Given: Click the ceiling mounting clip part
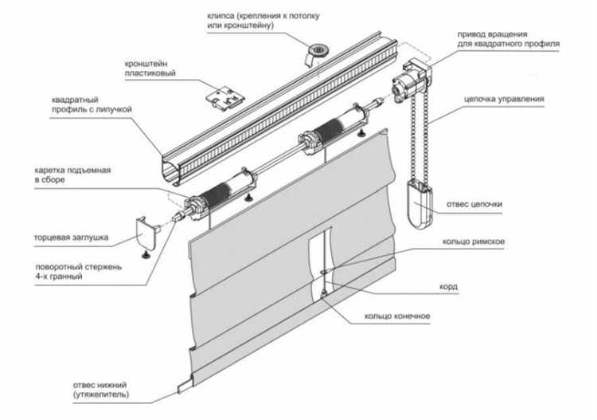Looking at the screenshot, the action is coord(317,53).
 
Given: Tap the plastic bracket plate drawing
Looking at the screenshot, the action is coord(224,96).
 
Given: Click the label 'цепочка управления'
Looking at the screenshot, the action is coord(504,99).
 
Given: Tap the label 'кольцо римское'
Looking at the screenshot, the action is coord(474,241).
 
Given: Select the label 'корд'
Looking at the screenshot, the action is coord(448,287).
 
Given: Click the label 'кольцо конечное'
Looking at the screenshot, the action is coord(397,316).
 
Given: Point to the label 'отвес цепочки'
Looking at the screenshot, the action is coord(474,204).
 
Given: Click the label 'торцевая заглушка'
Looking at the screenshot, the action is coord(71,237).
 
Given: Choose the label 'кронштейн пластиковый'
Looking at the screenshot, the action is coord(150,69).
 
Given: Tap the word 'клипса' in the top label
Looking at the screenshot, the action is coord(220,17).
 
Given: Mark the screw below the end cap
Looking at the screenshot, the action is coord(146,255).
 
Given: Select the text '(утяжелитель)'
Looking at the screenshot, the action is coord(101,394).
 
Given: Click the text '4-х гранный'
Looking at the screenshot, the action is coord(59,277).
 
